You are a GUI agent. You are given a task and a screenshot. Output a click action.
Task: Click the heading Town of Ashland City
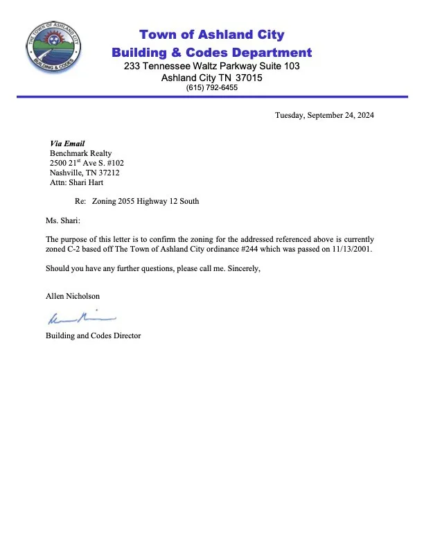click(x=211, y=35)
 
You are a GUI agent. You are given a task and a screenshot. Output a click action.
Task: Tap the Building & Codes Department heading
click(x=211, y=52)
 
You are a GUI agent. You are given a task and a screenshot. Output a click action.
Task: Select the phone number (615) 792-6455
click(x=211, y=88)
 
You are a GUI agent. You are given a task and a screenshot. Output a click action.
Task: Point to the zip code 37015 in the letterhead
click(x=247, y=78)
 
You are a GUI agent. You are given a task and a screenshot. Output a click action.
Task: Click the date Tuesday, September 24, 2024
click(x=324, y=116)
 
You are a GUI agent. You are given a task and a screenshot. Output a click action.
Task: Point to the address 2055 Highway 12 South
click(x=154, y=201)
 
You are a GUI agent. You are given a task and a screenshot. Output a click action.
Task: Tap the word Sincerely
click(x=241, y=268)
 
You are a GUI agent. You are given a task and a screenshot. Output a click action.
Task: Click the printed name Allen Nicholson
click(x=73, y=296)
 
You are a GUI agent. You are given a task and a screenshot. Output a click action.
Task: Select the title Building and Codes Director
click(x=93, y=335)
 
